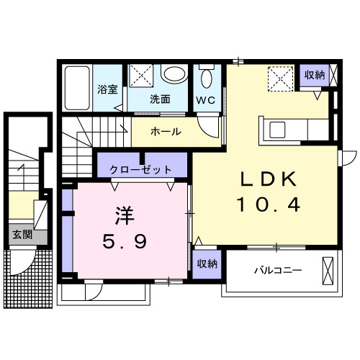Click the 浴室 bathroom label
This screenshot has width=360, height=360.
pos(108,91)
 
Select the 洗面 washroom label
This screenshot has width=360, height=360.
pos(161,99)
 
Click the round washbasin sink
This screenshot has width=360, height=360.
pos(173,75)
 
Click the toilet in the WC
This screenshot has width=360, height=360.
pos(207,78)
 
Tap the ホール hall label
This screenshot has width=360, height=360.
pos(165,132)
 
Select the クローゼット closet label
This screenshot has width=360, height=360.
pos(141,170)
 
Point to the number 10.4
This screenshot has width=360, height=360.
pos(269,205)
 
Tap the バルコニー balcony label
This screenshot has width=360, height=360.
pos(277,271)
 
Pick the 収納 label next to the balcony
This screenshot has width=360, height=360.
pos(207,264)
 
